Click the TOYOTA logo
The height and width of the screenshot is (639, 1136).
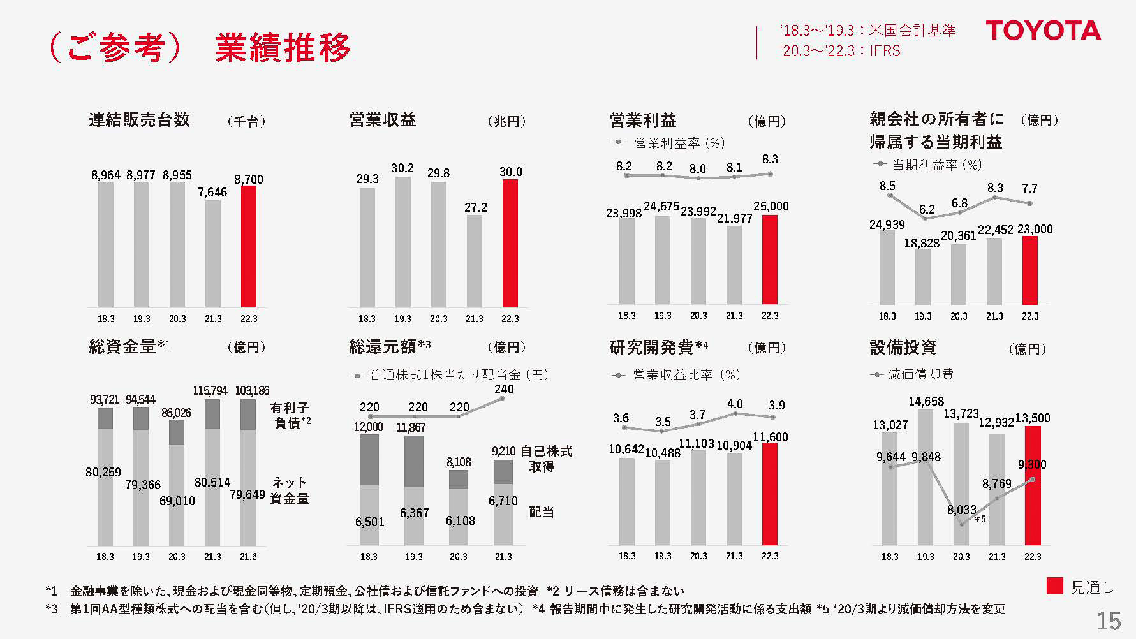click(1043, 31)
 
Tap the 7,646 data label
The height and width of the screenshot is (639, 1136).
click(212, 192)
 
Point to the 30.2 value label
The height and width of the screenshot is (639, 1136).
click(402, 168)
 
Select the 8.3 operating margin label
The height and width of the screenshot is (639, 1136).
click(770, 159)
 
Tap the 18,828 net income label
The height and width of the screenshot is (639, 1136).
click(922, 243)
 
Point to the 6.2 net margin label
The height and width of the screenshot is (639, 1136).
click(927, 209)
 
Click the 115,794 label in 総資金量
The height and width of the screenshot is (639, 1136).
click(210, 390)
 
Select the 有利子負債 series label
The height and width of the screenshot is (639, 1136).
click(291, 415)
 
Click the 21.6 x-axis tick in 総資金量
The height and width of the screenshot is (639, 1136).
click(248, 556)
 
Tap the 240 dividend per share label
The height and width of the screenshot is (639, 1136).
click(504, 389)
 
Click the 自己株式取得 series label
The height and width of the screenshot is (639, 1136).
click(545, 459)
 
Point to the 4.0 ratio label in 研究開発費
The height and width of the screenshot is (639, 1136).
click(735, 404)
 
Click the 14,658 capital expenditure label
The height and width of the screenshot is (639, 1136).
click(926, 401)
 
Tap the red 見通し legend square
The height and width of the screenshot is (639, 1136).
click(1054, 587)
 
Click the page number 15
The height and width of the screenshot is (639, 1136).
click(1108, 621)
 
